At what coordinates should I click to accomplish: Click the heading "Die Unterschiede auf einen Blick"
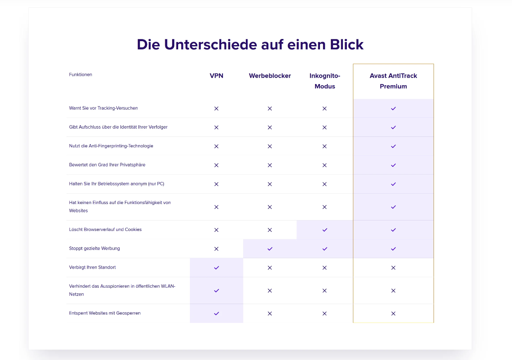point(250,45)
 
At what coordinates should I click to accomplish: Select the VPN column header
point(216,76)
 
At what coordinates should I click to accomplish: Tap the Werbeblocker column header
point(270,76)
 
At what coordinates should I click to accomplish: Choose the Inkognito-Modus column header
point(325,81)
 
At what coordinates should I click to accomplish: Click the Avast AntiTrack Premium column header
point(393,81)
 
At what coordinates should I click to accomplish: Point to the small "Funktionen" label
point(81,75)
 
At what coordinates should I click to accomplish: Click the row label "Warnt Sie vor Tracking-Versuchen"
point(103,108)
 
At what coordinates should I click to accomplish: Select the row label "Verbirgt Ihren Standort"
point(92,267)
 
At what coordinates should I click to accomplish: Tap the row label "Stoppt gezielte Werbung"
point(95,249)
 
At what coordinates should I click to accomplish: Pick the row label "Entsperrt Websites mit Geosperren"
point(105,313)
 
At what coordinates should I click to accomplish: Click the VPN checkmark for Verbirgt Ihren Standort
point(216,268)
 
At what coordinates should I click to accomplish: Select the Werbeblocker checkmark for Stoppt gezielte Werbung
point(270,249)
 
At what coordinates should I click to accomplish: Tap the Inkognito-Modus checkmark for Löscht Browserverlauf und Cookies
point(325,230)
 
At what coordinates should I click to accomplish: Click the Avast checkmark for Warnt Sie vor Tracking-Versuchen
point(393,108)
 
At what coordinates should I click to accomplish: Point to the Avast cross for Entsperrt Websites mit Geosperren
point(393,314)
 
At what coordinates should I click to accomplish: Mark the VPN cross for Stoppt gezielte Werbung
point(216,249)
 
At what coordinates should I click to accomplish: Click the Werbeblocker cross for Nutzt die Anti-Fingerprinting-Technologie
point(270,146)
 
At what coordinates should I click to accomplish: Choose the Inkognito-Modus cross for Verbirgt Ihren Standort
point(325,268)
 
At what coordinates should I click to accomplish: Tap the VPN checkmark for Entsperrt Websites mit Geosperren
point(216,314)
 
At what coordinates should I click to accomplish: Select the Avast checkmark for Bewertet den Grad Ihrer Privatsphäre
point(393,165)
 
